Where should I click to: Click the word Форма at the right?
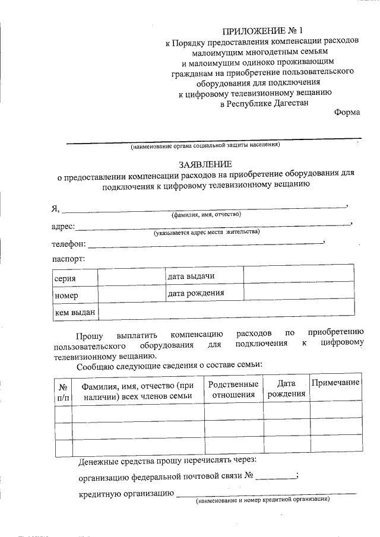347,113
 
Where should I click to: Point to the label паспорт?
68,259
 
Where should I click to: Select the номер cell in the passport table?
66,295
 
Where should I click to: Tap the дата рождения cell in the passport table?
195,293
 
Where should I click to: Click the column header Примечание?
335,383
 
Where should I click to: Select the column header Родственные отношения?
235,389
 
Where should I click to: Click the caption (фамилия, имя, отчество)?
206,214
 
